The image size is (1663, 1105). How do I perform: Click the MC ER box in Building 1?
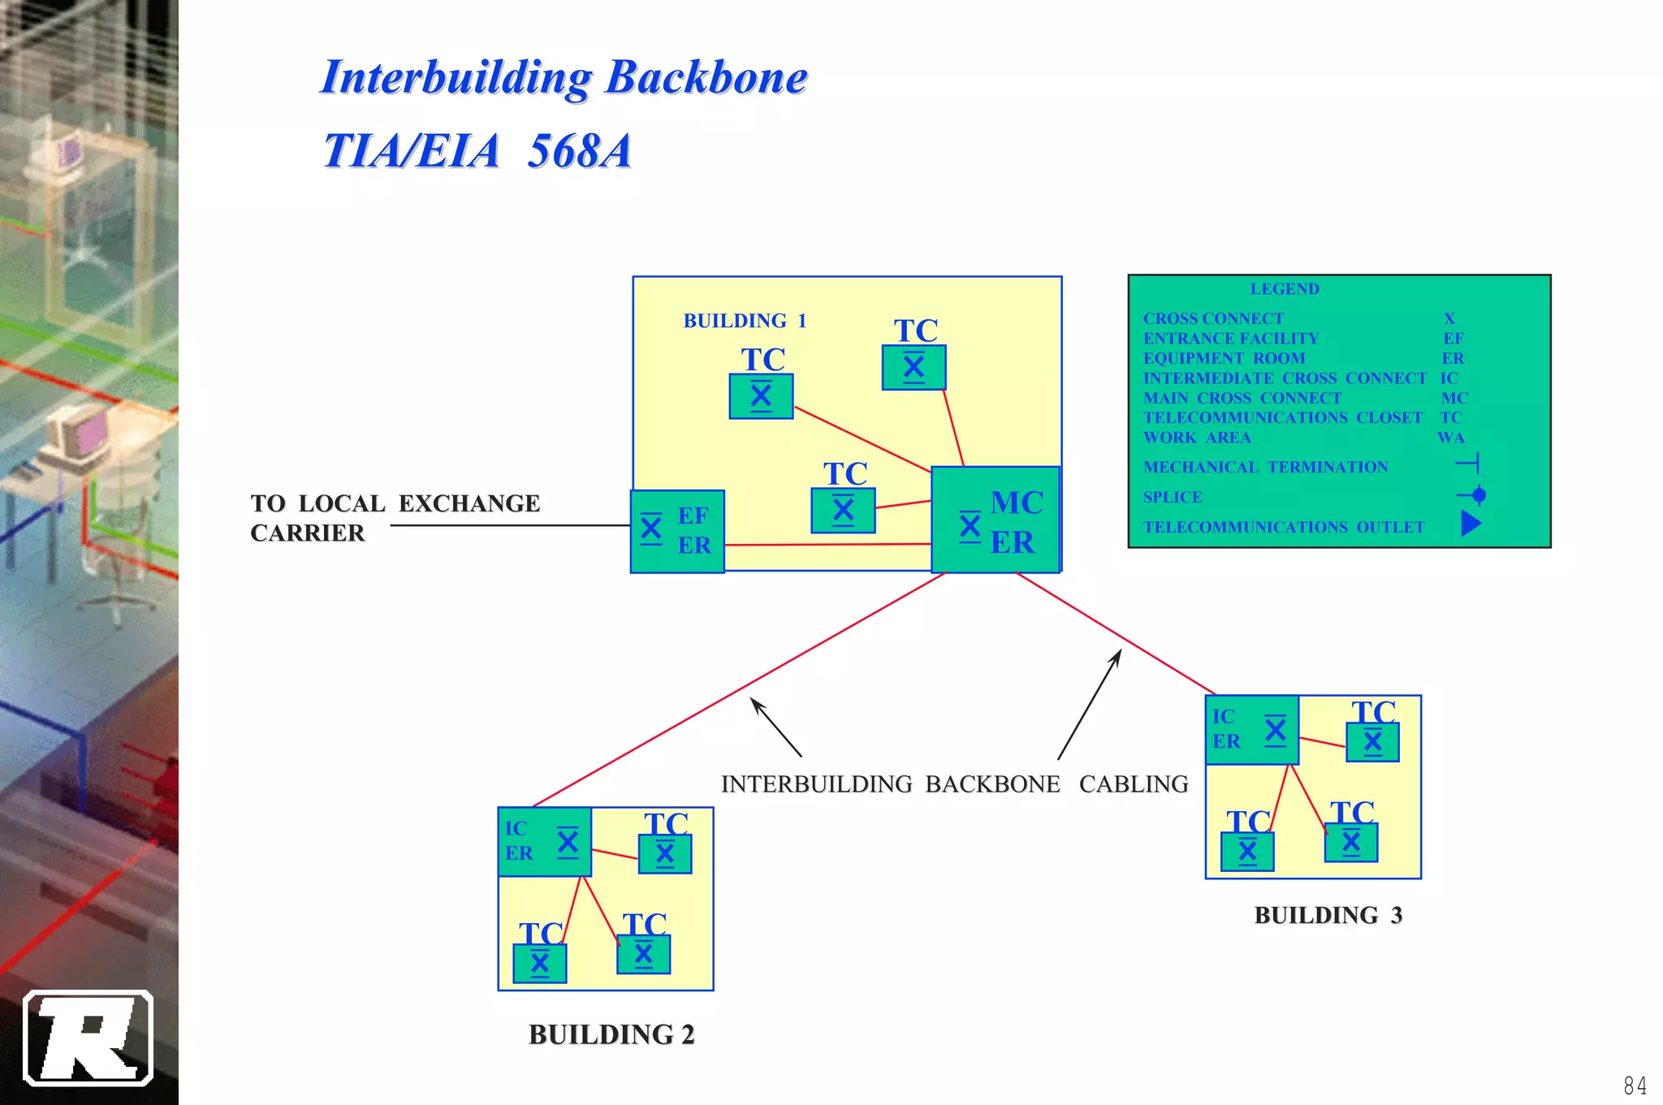click(996, 520)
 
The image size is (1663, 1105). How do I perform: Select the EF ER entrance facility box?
click(677, 531)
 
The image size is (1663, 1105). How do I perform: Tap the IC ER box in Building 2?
click(544, 842)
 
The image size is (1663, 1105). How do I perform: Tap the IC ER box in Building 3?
click(1251, 730)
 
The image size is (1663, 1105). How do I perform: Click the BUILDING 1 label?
click(745, 321)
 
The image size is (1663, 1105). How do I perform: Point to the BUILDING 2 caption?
click(611, 1034)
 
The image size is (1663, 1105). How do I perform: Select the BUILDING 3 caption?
click(1328, 915)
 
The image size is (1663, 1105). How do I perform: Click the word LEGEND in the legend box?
click(1284, 289)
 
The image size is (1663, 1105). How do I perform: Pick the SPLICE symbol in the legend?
click(1472, 495)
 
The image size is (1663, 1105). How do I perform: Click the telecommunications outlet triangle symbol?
click(1471, 524)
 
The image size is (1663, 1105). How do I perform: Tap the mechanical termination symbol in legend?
click(1468, 464)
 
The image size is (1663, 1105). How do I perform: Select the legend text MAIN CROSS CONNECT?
click(1242, 398)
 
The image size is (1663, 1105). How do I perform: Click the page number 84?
click(1635, 1085)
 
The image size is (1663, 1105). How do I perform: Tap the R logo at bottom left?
click(89, 1038)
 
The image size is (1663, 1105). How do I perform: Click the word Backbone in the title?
click(706, 78)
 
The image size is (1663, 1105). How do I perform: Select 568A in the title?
click(579, 151)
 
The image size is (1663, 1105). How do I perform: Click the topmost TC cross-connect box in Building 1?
click(914, 368)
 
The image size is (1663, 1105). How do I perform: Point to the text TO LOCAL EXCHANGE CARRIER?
click(395, 517)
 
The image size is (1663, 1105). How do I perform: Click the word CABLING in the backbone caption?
click(1133, 783)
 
